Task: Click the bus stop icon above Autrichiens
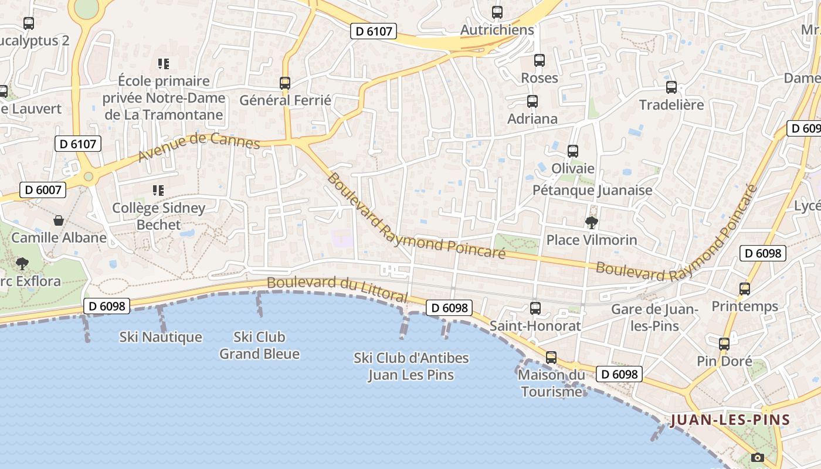497,12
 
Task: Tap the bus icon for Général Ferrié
285,83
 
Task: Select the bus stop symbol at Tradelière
671,87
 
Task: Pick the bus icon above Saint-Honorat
535,308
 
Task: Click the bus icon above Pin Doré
724,344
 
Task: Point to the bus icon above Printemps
745,289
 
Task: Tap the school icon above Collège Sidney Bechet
158,191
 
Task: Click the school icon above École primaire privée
164,64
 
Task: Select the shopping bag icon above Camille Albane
59,220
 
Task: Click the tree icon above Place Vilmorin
591,223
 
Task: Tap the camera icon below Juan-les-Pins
758,457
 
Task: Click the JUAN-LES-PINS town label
730,420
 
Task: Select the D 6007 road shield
43,190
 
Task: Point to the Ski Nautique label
161,337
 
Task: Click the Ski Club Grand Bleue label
259,345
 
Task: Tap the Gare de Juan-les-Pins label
654,317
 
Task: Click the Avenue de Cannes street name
199,147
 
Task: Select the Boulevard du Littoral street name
337,290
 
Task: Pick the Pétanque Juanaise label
592,191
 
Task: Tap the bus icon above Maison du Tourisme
551,358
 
